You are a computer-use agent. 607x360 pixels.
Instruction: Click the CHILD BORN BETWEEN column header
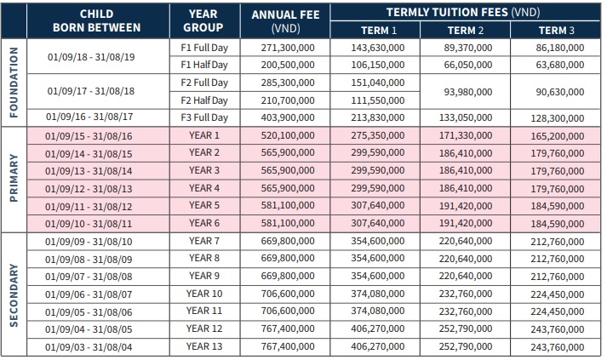pos(97,21)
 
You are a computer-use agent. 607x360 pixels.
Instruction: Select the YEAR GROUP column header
pos(203,21)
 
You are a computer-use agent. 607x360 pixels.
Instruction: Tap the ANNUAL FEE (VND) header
pos(286,21)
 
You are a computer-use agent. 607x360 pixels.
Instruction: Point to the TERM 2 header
pos(466,30)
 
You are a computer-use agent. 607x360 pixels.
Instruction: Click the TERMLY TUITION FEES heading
pos(463,13)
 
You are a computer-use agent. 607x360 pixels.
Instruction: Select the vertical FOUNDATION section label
pos(14,83)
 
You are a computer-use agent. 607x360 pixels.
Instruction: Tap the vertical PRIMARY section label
pos(14,178)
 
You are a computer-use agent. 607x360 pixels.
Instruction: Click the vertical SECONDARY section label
pos(14,295)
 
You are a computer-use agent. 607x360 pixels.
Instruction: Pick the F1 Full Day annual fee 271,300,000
pos(288,48)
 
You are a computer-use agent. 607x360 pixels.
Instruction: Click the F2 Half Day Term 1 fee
pos(378,100)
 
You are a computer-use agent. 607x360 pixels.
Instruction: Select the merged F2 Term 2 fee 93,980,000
pos(468,92)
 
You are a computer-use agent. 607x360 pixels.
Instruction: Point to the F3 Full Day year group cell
pos(204,117)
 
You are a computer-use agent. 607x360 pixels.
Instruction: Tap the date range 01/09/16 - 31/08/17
pos(89,117)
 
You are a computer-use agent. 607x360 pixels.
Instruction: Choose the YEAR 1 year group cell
pos(204,135)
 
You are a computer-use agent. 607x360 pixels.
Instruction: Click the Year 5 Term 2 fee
pos(466,206)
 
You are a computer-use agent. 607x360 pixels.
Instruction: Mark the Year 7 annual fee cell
pos(288,241)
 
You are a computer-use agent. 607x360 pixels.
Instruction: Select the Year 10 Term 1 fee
pos(378,294)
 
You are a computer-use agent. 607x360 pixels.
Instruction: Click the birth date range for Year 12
pos(89,329)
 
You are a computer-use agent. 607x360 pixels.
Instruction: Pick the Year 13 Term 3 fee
pos(558,347)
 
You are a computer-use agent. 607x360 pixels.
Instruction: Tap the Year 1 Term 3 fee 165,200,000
pos(558,136)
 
